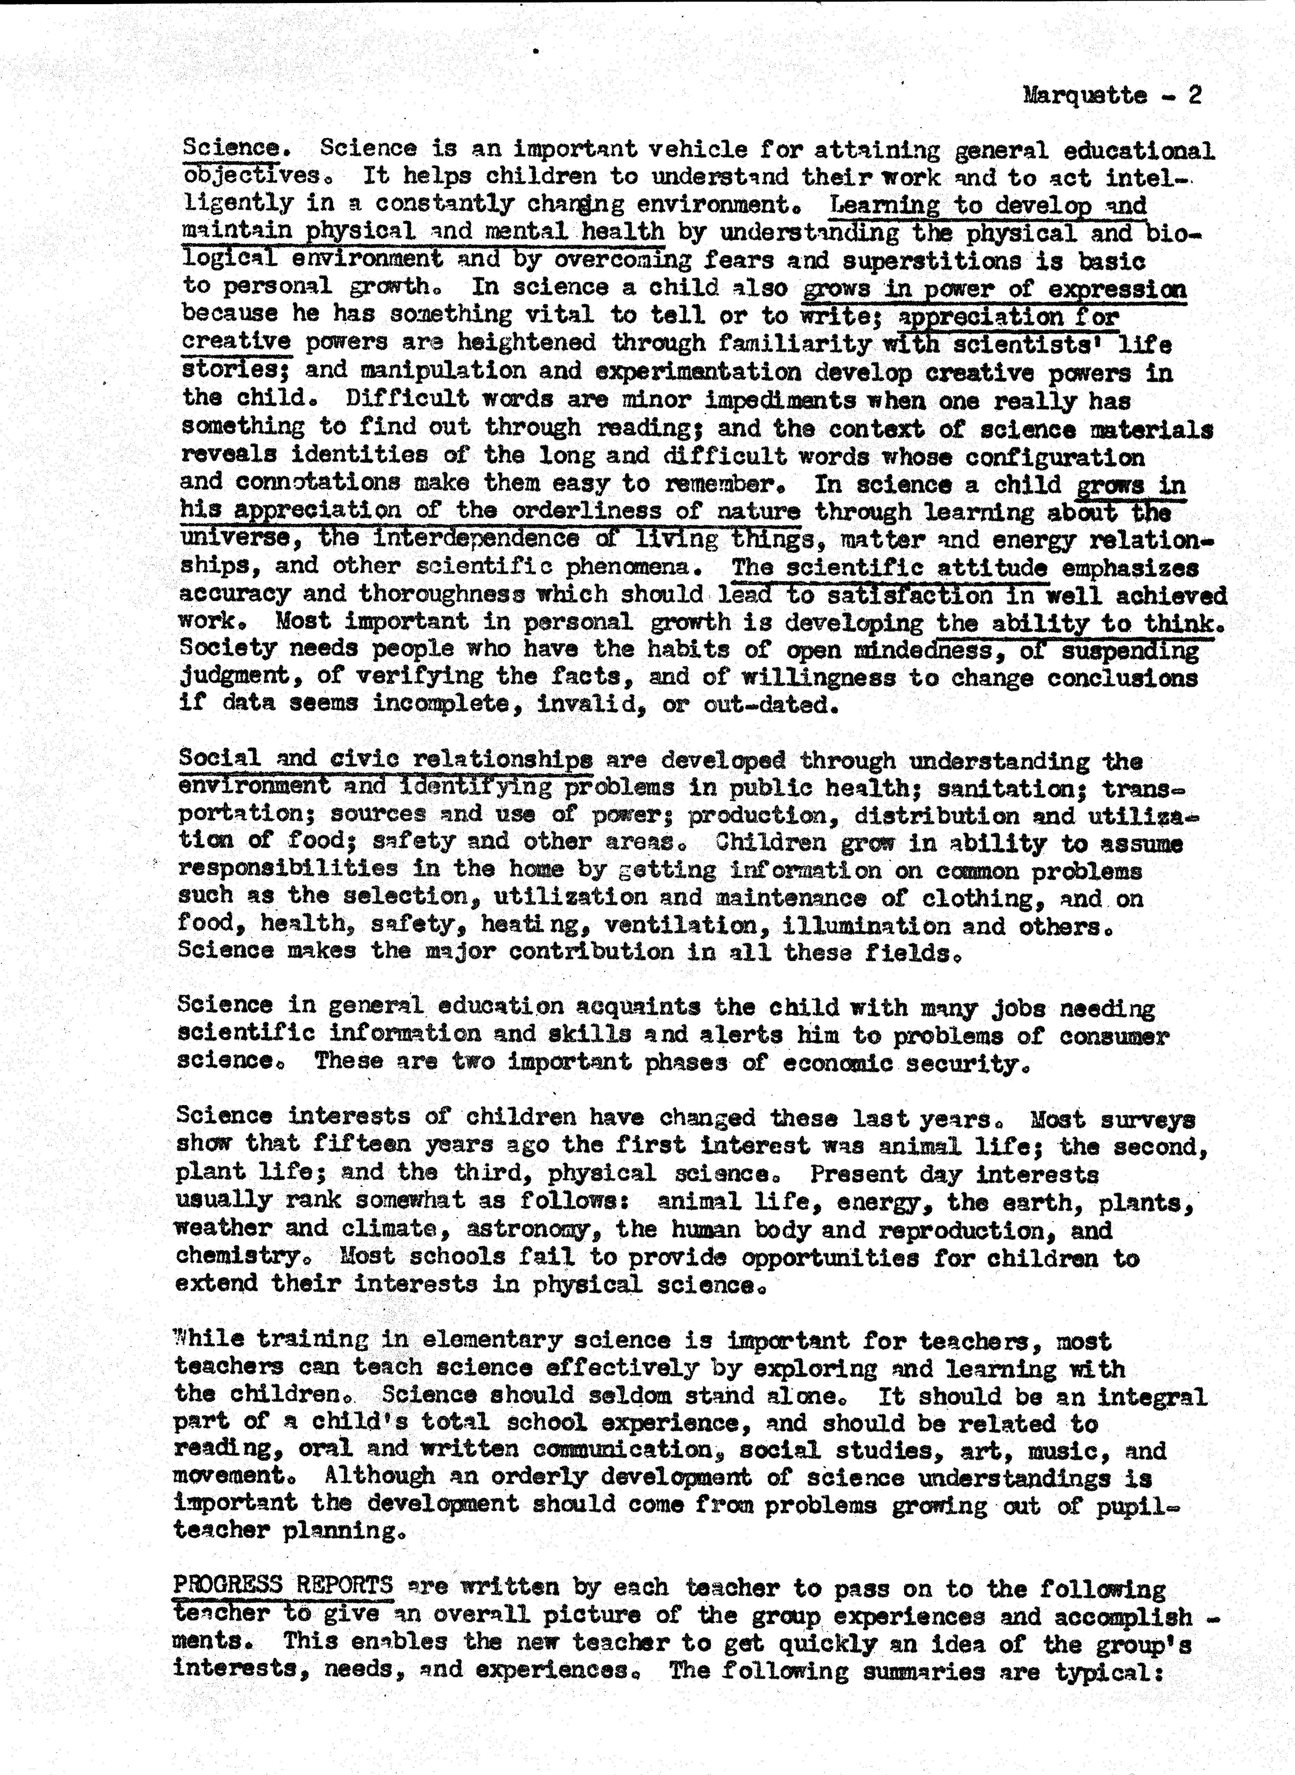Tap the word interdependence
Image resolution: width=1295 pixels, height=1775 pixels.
pyautogui.click(x=476, y=539)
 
